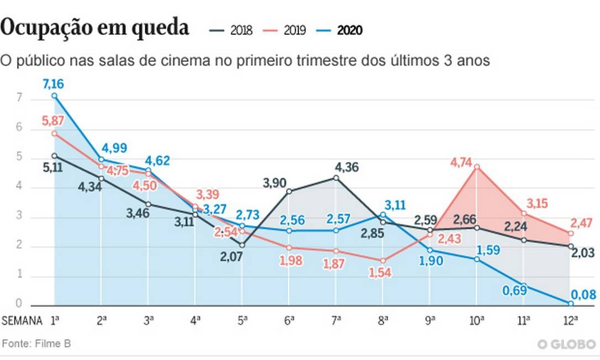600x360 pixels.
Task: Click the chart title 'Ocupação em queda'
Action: (95, 28)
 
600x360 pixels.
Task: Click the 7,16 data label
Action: (55, 85)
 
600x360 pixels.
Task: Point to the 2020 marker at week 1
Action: (55, 96)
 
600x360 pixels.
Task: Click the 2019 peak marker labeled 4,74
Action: (476, 166)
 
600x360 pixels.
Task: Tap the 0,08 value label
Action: (583, 295)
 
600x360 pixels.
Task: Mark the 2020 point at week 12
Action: (570, 303)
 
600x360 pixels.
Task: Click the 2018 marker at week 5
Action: (241, 245)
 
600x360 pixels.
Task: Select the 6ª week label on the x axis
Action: (289, 320)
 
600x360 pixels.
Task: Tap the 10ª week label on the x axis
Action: (476, 320)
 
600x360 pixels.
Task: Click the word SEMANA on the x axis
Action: (22, 321)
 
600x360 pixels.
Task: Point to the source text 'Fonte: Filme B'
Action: (36, 343)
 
